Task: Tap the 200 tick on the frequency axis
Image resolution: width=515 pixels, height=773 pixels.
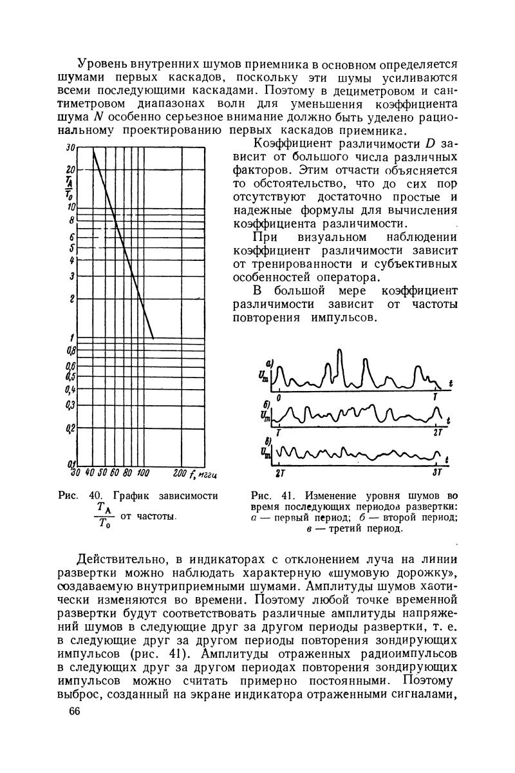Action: [181, 475]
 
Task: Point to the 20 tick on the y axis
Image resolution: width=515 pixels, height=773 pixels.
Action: [71, 169]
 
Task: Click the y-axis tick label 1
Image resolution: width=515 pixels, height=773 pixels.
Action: [73, 338]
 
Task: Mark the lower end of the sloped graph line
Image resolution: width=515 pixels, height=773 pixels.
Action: [153, 338]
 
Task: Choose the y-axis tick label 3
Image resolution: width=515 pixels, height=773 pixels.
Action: [73, 276]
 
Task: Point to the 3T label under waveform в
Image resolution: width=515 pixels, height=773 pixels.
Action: [436, 472]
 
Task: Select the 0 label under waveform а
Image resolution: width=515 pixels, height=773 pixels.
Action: [279, 398]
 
